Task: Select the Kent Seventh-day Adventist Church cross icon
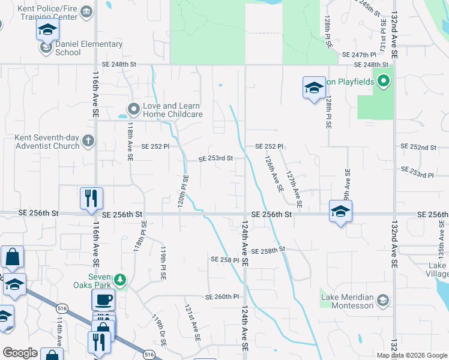(88, 142)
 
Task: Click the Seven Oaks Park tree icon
(121, 280)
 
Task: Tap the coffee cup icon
(103, 299)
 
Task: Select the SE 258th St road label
(267, 250)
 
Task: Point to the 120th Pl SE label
(183, 191)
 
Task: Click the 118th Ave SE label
(130, 142)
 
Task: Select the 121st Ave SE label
(191, 323)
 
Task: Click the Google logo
(20, 353)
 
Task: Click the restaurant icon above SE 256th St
(91, 198)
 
